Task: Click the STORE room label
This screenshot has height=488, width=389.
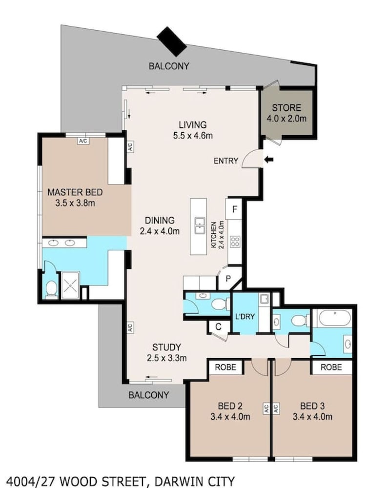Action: pos(287,108)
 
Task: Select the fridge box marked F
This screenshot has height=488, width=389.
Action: pos(235,209)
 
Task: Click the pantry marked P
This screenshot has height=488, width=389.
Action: pos(228,278)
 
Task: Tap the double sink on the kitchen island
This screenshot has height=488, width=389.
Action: pos(199,225)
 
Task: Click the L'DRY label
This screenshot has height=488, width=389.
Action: pos(245,317)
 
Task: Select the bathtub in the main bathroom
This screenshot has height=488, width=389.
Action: pos(332,318)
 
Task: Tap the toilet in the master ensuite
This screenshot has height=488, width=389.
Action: pos(51,288)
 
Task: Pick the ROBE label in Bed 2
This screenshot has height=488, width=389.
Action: pos(225,367)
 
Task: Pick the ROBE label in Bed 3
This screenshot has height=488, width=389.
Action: pos(331,367)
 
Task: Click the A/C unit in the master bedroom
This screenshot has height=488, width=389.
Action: pos(83,141)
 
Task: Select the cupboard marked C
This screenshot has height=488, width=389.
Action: pos(219,327)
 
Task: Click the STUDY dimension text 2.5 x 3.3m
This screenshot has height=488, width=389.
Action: pos(167,358)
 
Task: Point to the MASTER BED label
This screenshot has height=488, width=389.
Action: pos(75,192)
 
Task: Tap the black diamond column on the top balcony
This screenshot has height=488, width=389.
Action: pos(171,41)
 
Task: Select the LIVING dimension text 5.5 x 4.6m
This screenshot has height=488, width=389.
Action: pos(193,135)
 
